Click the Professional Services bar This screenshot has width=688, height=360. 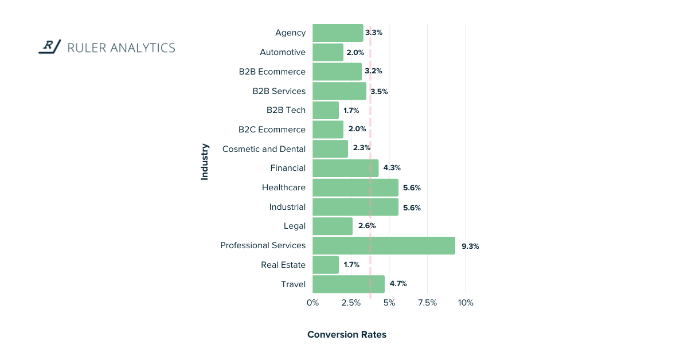[x=384, y=246]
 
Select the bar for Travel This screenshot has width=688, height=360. [x=349, y=284]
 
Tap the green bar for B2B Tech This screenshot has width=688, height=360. [x=326, y=110]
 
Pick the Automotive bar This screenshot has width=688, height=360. [x=328, y=52]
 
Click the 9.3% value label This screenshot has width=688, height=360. [x=470, y=246]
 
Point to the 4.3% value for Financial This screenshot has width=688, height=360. [x=392, y=169]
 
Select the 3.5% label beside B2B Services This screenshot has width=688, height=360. [x=379, y=91]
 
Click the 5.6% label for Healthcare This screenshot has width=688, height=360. [x=412, y=188]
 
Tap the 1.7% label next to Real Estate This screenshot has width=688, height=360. [x=351, y=265]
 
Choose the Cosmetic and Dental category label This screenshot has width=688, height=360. [x=264, y=149]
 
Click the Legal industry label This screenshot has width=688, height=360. [x=295, y=226]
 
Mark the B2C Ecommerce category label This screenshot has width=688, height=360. [x=272, y=130]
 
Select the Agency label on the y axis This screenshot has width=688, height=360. [x=290, y=33]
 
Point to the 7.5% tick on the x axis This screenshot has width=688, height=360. [x=427, y=303]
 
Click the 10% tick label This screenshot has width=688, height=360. [x=466, y=303]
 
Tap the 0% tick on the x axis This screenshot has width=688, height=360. [x=312, y=303]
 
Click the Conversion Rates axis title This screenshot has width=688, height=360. [x=347, y=335]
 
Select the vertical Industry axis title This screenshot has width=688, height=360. [x=205, y=162]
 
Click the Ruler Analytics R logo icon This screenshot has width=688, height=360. [x=50, y=46]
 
